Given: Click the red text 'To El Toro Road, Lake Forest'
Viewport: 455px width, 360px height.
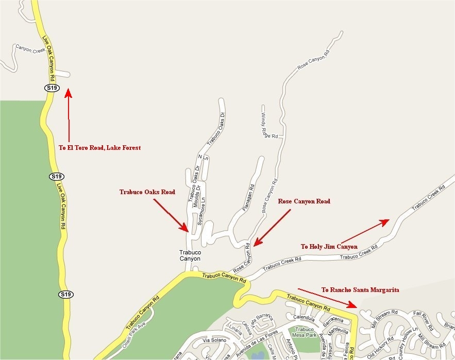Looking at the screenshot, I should tap(99, 148).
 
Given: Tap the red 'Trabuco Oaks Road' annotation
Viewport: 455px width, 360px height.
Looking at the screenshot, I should tap(147, 192).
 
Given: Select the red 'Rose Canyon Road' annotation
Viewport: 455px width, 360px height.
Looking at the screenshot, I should tap(304, 201).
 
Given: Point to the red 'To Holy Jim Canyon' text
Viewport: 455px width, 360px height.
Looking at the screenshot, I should tap(329, 247).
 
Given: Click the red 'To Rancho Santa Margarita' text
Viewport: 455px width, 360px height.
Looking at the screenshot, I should tap(360, 290).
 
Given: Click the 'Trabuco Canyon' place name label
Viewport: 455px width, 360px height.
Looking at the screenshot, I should tap(190, 255).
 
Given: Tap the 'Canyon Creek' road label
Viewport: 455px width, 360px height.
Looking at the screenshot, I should tap(30, 49).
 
